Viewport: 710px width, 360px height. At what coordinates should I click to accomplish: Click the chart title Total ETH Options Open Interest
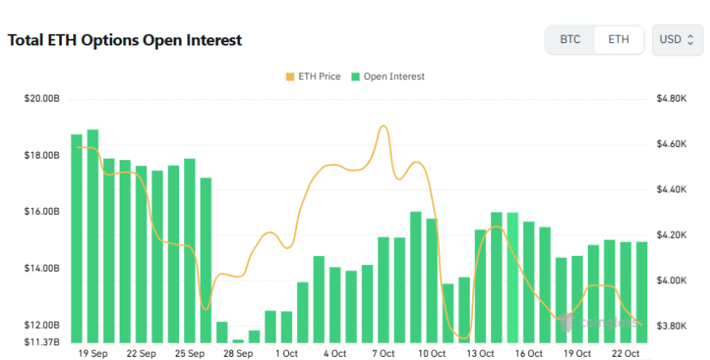click(x=125, y=40)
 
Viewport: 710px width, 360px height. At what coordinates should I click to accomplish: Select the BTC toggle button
click(x=570, y=40)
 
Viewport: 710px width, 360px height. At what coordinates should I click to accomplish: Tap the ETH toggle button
click(x=618, y=40)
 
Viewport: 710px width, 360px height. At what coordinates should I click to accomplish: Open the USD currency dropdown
click(x=677, y=40)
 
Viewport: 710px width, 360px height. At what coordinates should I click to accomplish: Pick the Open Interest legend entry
click(x=387, y=77)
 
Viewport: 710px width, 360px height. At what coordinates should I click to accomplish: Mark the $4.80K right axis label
click(x=670, y=99)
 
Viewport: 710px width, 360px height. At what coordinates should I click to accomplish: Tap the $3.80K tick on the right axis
click(x=670, y=326)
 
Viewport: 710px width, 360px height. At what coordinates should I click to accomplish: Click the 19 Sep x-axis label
click(x=92, y=353)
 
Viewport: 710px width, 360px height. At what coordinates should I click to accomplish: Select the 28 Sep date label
click(x=238, y=353)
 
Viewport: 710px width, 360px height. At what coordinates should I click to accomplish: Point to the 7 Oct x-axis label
click(x=383, y=353)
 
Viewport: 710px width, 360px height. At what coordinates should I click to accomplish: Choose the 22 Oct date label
click(x=625, y=353)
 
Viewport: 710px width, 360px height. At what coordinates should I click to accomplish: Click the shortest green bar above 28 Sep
click(x=238, y=340)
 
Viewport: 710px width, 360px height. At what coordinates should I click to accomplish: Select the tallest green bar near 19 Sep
click(x=92, y=235)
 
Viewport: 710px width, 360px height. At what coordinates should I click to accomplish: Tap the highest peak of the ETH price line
click(x=383, y=126)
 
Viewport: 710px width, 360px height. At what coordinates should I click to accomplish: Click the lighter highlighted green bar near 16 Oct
click(x=512, y=277)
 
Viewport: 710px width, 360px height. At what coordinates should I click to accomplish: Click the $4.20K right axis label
click(x=670, y=235)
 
